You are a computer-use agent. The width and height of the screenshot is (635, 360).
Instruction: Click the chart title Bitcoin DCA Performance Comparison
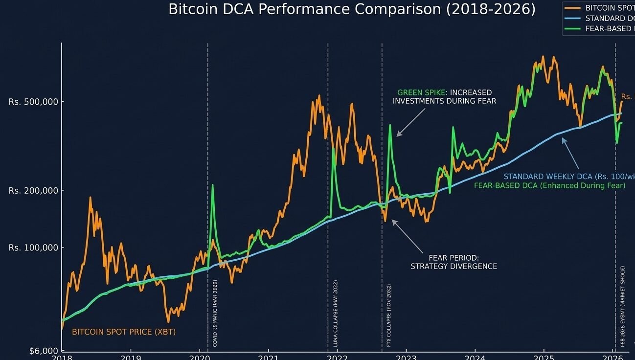click(352, 9)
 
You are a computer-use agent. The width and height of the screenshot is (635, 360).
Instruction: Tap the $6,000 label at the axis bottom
click(44, 351)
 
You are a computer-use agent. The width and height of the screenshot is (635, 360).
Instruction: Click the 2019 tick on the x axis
click(130, 357)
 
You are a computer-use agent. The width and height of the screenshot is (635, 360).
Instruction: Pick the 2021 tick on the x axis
click(269, 357)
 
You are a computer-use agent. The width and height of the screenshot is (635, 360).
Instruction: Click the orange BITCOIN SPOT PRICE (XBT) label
click(123, 332)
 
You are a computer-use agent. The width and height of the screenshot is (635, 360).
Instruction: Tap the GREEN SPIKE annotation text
click(444, 97)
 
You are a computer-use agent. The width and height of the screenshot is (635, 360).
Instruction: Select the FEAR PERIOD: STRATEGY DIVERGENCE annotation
click(454, 262)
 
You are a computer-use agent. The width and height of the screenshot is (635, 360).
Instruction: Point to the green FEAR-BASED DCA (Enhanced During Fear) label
click(549, 186)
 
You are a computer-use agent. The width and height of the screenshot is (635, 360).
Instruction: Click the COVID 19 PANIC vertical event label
click(215, 313)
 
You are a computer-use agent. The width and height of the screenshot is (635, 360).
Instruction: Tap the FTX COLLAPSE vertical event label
click(389, 315)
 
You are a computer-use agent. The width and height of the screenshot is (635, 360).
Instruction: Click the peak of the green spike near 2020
click(212, 185)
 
